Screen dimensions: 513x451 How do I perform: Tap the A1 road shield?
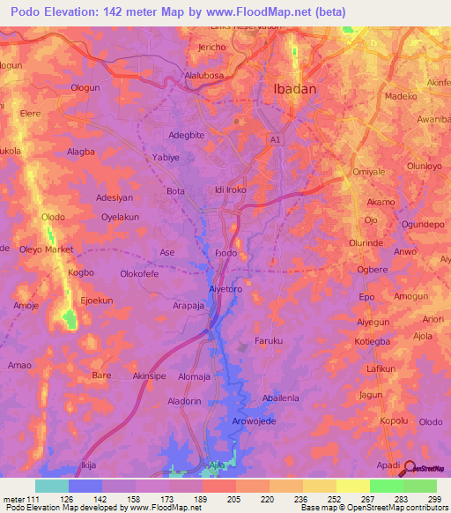(x=276, y=139)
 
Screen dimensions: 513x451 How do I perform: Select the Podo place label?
(x=225, y=252)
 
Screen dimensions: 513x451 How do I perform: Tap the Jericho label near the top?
(x=211, y=47)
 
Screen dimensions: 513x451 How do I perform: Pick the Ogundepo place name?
(x=421, y=225)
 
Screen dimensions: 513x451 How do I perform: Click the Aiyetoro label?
(x=225, y=288)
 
